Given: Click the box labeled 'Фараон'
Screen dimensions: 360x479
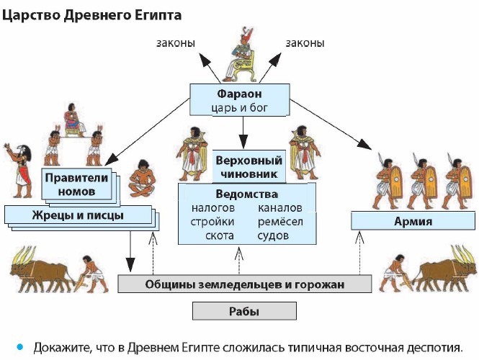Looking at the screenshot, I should click(x=240, y=99).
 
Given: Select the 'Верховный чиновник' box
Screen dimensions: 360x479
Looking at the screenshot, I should click(x=249, y=166).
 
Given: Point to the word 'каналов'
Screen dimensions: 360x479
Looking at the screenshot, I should click(x=279, y=208).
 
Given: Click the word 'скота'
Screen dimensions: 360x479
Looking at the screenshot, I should click(x=219, y=235).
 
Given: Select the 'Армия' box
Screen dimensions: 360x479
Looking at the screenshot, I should click(x=413, y=221).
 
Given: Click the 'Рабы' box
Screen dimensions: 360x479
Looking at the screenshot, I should click(x=244, y=311).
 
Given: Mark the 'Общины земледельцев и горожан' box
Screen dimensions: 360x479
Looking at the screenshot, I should click(x=243, y=284).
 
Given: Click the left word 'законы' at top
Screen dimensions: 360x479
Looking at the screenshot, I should click(x=176, y=43).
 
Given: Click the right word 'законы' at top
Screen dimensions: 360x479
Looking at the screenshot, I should click(x=305, y=43).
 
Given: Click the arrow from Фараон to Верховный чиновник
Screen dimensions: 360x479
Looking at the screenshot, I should click(x=243, y=129).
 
